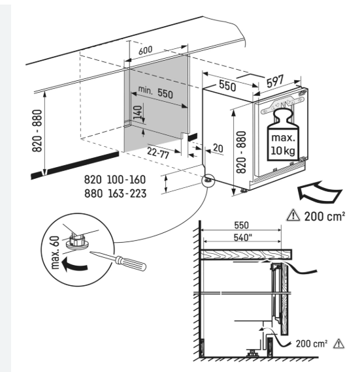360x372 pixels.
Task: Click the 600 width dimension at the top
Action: (x=145, y=50)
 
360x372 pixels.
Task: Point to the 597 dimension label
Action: (x=275, y=82)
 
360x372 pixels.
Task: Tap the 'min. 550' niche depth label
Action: (x=155, y=92)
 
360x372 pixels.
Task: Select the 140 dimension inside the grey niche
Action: (x=137, y=112)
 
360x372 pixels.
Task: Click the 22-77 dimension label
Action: (x=158, y=153)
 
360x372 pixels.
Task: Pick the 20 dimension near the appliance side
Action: (x=218, y=148)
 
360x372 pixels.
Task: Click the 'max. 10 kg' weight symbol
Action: (x=283, y=134)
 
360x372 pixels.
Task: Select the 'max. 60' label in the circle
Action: (x=55, y=253)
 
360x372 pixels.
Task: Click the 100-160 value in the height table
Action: (x=126, y=179)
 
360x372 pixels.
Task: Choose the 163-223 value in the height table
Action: (x=127, y=194)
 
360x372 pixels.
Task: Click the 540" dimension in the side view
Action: (x=242, y=238)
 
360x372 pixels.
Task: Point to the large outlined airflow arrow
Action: (x=319, y=192)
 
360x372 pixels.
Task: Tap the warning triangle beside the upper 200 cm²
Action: (x=293, y=215)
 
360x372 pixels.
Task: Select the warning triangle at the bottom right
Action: (x=338, y=343)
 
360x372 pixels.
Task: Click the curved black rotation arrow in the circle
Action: (x=74, y=265)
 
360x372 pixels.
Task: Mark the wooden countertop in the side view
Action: (x=246, y=255)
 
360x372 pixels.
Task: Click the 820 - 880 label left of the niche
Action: (x=37, y=131)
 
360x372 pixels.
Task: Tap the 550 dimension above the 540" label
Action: (x=241, y=225)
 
